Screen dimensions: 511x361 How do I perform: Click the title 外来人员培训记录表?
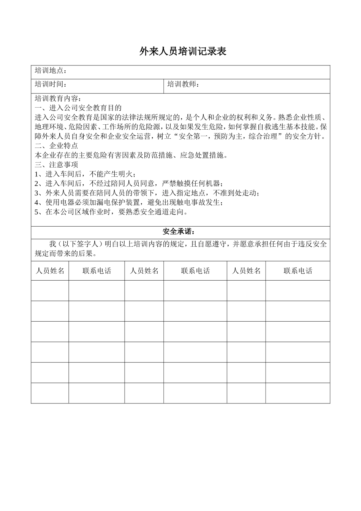click(x=183, y=52)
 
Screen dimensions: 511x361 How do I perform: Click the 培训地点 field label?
click(x=51, y=71)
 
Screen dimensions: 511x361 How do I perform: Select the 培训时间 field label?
click(x=51, y=84)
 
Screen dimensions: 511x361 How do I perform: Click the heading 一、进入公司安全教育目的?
click(x=78, y=108)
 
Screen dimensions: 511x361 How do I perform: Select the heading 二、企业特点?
click(x=56, y=146)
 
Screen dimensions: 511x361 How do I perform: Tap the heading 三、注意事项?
click(x=56, y=165)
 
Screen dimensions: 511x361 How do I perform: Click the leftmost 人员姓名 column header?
click(x=50, y=271)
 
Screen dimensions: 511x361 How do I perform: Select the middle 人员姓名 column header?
click(x=144, y=271)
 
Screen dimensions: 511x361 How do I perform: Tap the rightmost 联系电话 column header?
click(x=298, y=271)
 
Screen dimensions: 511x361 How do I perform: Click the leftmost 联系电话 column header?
click(x=97, y=271)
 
